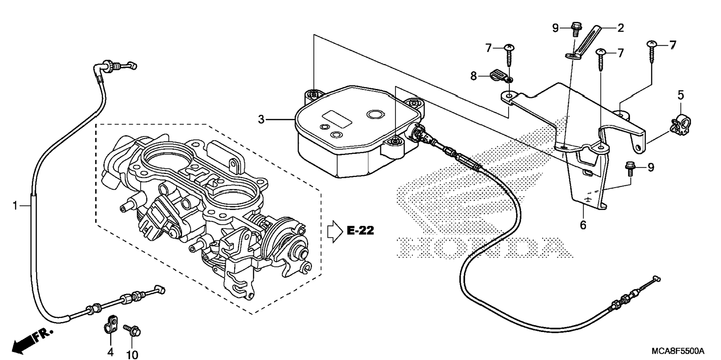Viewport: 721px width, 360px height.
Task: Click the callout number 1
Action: [x=15, y=205]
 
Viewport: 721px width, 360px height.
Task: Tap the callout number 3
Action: [x=261, y=120]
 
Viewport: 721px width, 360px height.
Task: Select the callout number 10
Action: [x=132, y=355]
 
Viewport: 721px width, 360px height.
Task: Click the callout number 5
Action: [x=681, y=95]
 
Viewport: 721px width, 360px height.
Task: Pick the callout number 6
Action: [x=583, y=225]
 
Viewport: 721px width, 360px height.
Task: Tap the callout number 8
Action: [x=473, y=76]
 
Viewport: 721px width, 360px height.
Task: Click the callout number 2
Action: [x=621, y=28]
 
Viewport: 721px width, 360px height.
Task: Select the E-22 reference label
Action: [x=360, y=231]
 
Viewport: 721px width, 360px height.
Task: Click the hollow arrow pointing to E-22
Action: [x=334, y=231]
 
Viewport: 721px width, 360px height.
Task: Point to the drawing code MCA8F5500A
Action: [x=678, y=351]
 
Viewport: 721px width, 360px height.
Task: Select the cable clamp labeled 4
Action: [x=110, y=323]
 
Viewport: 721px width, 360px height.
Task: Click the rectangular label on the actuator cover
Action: [x=337, y=119]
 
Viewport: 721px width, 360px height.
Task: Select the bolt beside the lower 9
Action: [x=631, y=167]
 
